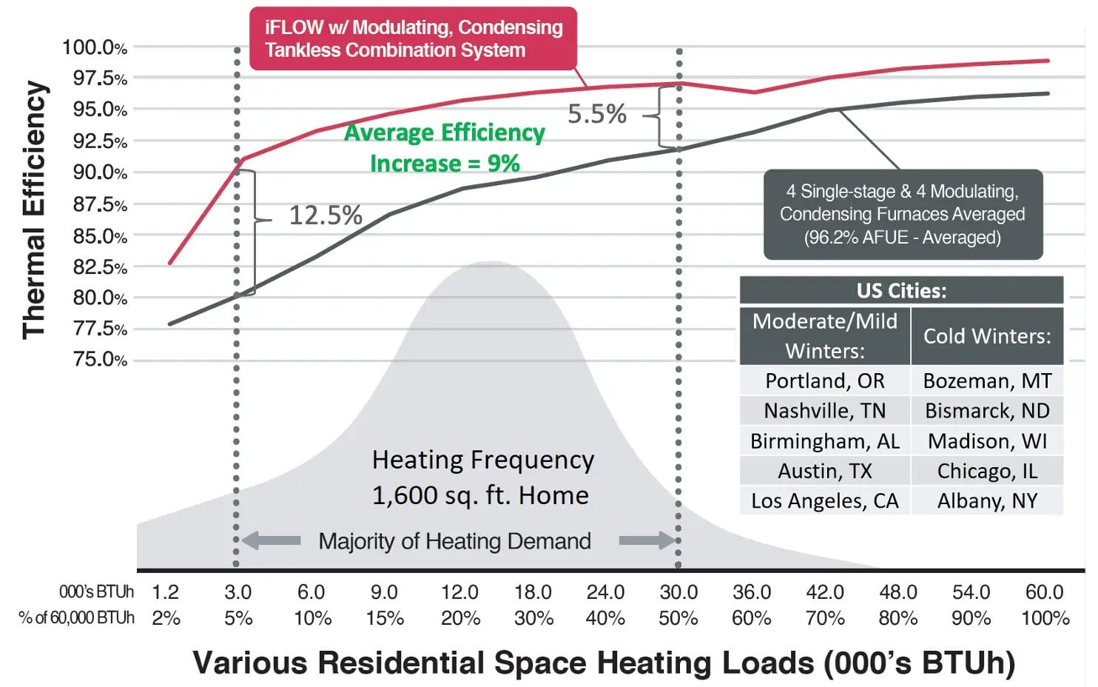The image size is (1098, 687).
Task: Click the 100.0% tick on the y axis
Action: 95,47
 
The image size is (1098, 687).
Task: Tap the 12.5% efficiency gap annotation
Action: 325,215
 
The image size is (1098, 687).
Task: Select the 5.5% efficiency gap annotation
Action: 596,114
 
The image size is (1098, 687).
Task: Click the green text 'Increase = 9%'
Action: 445,163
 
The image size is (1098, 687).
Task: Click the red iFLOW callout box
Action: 413,38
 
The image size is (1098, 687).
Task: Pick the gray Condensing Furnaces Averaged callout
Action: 902,214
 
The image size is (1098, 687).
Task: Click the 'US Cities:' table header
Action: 901,290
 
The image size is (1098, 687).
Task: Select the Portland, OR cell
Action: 824,381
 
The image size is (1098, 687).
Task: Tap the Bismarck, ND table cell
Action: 987,411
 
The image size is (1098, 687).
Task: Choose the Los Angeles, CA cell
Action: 824,501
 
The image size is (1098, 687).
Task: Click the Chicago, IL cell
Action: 987,471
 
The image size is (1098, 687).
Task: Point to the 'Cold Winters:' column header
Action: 987,336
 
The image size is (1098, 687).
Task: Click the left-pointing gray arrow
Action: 271,540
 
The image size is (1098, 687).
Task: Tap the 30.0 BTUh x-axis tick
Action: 678,592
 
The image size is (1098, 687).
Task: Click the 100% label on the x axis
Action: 1045,618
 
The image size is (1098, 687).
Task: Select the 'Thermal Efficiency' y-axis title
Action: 34,210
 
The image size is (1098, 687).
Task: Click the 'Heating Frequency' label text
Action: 482,460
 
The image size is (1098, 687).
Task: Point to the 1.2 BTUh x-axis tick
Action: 165,592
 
